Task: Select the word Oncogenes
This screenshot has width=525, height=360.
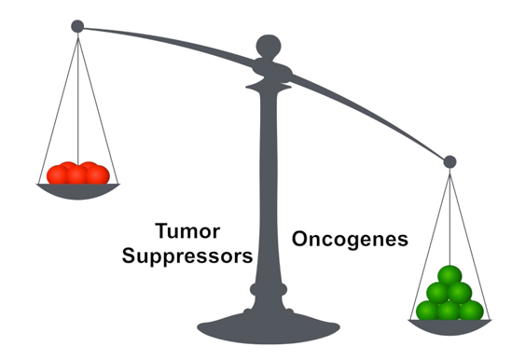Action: (351, 239)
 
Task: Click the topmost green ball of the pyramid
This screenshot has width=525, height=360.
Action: (450, 276)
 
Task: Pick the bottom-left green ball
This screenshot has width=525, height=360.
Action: (428, 311)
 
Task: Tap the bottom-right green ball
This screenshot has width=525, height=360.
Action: (472, 311)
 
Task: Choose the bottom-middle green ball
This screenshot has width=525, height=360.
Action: (450, 311)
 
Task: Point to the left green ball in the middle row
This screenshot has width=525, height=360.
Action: (439, 293)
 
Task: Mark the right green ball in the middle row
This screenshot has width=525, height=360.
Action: (462, 293)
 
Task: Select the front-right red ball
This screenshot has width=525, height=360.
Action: (97, 174)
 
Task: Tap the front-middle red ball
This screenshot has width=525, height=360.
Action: (78, 176)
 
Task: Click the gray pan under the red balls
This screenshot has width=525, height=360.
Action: (78, 190)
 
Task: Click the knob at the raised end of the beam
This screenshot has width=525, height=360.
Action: (77, 26)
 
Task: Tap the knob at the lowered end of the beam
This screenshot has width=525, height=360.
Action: (449, 161)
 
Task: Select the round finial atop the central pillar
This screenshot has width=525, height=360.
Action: (269, 45)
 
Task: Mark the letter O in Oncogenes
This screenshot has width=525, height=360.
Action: (301, 239)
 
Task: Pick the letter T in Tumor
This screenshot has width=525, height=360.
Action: (161, 230)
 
